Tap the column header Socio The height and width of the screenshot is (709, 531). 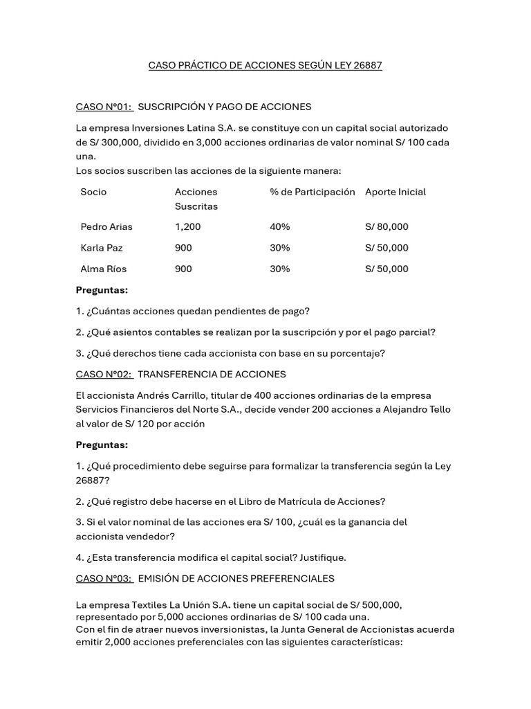tap(93, 192)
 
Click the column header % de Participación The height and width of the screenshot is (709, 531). tap(312, 192)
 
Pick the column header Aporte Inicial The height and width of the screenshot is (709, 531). tap(395, 192)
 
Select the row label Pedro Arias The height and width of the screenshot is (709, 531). tap(106, 227)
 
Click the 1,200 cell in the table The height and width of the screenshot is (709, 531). tap(187, 227)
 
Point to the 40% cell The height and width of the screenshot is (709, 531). tap(280, 227)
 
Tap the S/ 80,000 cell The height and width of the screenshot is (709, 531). tap(386, 227)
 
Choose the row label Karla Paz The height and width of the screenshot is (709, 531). tap(102, 248)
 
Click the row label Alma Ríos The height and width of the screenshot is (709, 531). tap(104, 269)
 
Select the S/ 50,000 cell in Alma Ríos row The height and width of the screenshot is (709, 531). tap(386, 269)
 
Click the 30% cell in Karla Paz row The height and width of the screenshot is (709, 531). tap(280, 248)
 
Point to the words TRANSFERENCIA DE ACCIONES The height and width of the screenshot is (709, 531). tap(212, 375)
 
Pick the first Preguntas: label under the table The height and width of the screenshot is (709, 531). tap(102, 290)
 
